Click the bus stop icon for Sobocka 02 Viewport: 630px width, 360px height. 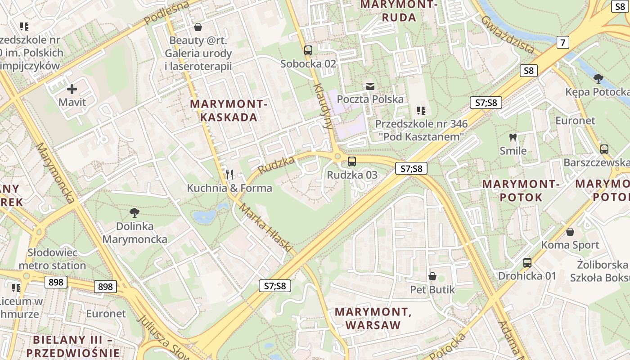click(x=308, y=50)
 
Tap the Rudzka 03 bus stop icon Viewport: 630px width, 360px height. click(x=352, y=161)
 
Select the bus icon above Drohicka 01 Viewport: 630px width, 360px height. click(x=527, y=262)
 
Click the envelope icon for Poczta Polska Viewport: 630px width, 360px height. click(x=370, y=86)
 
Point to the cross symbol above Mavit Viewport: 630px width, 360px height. click(x=72, y=89)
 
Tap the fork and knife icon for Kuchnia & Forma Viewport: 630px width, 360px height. click(x=229, y=174)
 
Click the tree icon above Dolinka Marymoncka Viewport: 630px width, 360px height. click(x=134, y=212)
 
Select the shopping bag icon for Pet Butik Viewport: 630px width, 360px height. click(x=432, y=276)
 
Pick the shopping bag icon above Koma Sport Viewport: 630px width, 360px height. click(x=570, y=232)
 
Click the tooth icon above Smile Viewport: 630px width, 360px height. click(x=513, y=137)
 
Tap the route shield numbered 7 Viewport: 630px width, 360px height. click(x=562, y=42)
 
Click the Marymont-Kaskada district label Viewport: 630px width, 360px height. click(x=229, y=111)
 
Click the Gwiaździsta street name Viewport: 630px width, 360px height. click(x=507, y=34)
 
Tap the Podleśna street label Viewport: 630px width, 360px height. click(x=161, y=13)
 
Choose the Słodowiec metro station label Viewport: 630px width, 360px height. click(x=52, y=259)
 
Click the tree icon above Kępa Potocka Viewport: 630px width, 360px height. click(x=598, y=79)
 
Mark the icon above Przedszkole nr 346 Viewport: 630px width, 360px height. click(x=421, y=110)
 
